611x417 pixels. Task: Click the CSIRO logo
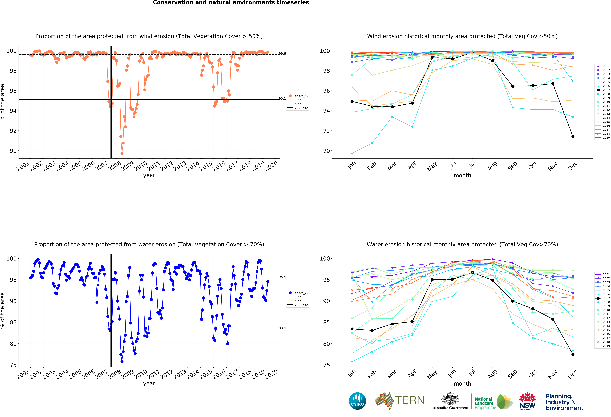click(x=357, y=401)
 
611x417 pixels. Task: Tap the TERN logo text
click(x=410, y=400)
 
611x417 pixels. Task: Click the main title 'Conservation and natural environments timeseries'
click(x=231, y=3)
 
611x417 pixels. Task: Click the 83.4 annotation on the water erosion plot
click(x=282, y=328)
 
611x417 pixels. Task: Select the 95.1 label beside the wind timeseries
click(x=282, y=98)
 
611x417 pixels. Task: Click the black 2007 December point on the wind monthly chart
click(x=573, y=137)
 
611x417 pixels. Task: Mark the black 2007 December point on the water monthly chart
click(x=573, y=354)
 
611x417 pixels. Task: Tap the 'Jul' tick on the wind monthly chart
click(x=472, y=165)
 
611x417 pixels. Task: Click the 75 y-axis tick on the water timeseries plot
click(x=13, y=365)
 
